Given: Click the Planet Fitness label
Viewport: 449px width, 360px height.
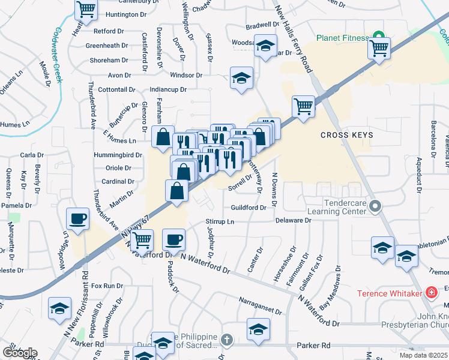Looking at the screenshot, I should [343, 38].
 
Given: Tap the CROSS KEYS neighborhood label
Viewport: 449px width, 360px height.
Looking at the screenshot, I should [346, 135].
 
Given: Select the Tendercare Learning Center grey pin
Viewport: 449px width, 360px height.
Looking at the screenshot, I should [376, 207].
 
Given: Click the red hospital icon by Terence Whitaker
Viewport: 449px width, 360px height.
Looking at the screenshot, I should [430, 293].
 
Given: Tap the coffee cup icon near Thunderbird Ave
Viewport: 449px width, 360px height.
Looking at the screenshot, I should [78, 219].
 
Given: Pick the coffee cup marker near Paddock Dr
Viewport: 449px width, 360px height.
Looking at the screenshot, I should [174, 240].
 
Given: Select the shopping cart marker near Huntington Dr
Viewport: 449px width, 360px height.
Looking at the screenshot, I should [86, 9].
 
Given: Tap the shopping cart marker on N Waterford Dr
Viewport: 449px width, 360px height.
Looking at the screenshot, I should [142, 241].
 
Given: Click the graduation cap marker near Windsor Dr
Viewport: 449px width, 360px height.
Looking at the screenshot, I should [241, 78].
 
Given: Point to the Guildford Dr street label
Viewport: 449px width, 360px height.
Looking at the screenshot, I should [249, 208].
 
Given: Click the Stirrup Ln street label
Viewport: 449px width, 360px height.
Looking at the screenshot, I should [218, 221].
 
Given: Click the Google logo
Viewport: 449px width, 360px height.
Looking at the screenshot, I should [20, 352].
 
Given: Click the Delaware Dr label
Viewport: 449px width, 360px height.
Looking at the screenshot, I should [294, 220].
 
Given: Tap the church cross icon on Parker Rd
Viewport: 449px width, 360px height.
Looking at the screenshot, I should [226, 341].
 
